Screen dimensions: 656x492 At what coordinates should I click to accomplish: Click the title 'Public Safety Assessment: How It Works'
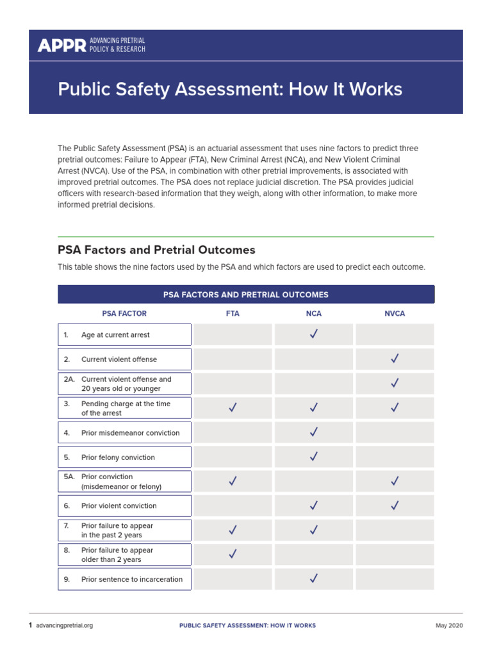tap(230, 89)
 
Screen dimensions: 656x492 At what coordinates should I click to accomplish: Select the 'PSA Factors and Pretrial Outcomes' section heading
tap(156, 250)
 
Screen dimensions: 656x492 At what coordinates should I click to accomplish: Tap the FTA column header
tap(233, 314)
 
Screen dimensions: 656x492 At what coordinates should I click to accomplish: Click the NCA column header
tap(313, 314)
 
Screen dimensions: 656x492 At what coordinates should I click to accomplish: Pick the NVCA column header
tap(395, 314)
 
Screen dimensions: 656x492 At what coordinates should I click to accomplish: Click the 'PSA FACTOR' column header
tap(124, 314)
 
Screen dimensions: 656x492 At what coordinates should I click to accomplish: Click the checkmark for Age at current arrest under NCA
tap(313, 334)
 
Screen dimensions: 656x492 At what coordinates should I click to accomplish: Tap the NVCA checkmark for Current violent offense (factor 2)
tap(395, 359)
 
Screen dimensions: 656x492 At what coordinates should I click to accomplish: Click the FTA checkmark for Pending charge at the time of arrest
tap(233, 407)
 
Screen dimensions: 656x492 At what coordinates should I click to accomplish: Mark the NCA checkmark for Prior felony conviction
tap(313, 457)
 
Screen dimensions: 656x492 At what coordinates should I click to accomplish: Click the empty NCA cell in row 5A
tap(313, 481)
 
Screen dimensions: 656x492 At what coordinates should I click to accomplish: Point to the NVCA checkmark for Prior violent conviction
tap(395, 505)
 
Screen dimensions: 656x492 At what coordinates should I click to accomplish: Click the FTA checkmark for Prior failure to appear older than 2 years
tap(233, 554)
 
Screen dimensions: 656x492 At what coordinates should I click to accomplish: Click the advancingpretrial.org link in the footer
tap(64, 625)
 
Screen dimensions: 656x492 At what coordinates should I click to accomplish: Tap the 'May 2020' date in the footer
tap(449, 625)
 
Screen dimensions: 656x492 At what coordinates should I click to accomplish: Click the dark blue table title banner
tap(246, 295)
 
